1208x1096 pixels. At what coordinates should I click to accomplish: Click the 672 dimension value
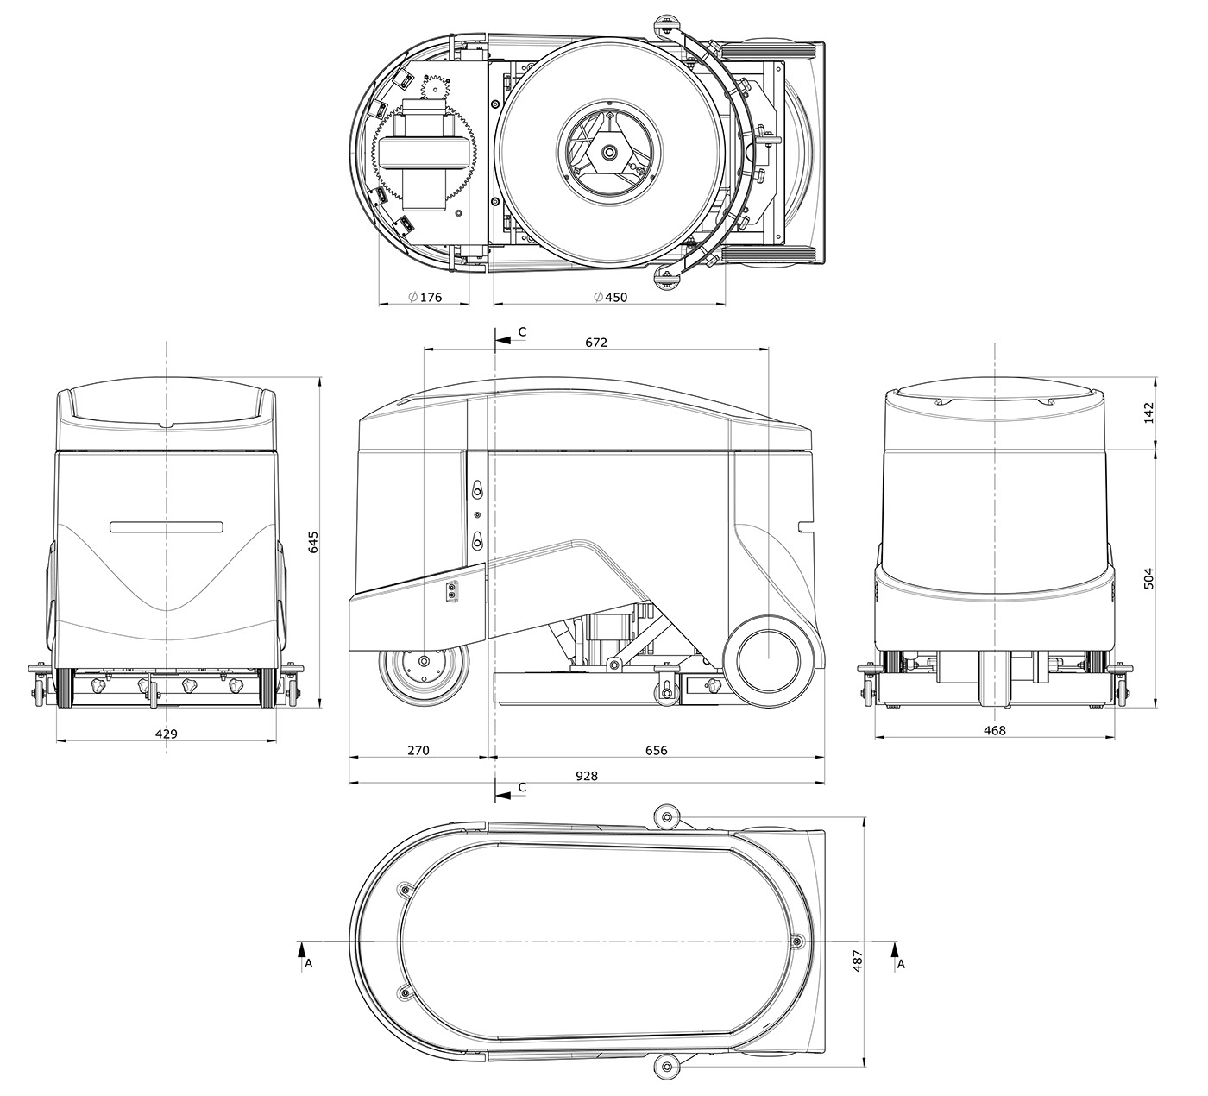pyautogui.click(x=596, y=343)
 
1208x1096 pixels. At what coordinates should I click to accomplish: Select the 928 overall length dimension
pyautogui.click(x=586, y=776)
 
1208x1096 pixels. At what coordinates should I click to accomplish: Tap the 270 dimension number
pyautogui.click(x=418, y=750)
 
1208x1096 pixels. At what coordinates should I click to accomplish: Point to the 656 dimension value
pyautogui.click(x=657, y=750)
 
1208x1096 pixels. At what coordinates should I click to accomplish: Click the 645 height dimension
pyautogui.click(x=312, y=542)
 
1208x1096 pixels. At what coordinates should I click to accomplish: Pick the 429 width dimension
pyautogui.click(x=167, y=734)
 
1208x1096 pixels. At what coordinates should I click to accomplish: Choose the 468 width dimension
pyautogui.click(x=995, y=730)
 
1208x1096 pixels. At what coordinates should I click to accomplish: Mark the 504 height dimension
pyautogui.click(x=1148, y=578)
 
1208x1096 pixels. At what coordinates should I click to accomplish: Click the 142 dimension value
pyautogui.click(x=1148, y=413)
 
